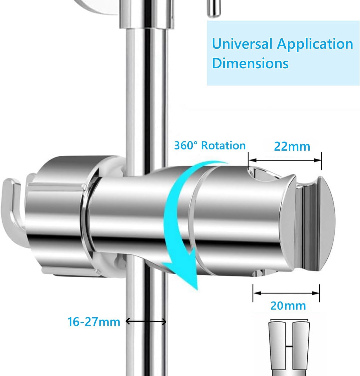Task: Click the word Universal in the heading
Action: pyautogui.click(x=242, y=44)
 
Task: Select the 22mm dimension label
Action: pyautogui.click(x=292, y=146)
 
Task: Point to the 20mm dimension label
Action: pyautogui.click(x=288, y=306)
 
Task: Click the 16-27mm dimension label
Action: pyautogui.click(x=94, y=322)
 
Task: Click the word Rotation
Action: pyautogui.click(x=223, y=145)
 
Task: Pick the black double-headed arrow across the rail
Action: pyautogui.click(x=146, y=321)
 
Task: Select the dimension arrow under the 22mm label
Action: pyautogui.click(x=285, y=160)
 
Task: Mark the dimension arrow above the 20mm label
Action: pyautogui.click(x=286, y=293)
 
